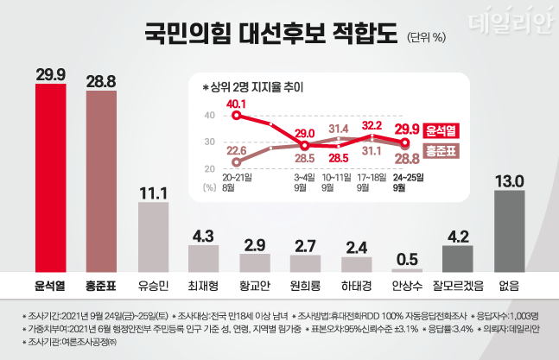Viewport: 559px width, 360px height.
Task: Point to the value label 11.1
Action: tap(161, 193)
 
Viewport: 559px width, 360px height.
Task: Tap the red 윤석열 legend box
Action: tap(441, 130)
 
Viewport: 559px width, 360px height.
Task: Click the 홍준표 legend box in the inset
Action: tap(441, 150)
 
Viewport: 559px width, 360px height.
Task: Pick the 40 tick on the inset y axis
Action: tap(209, 115)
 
